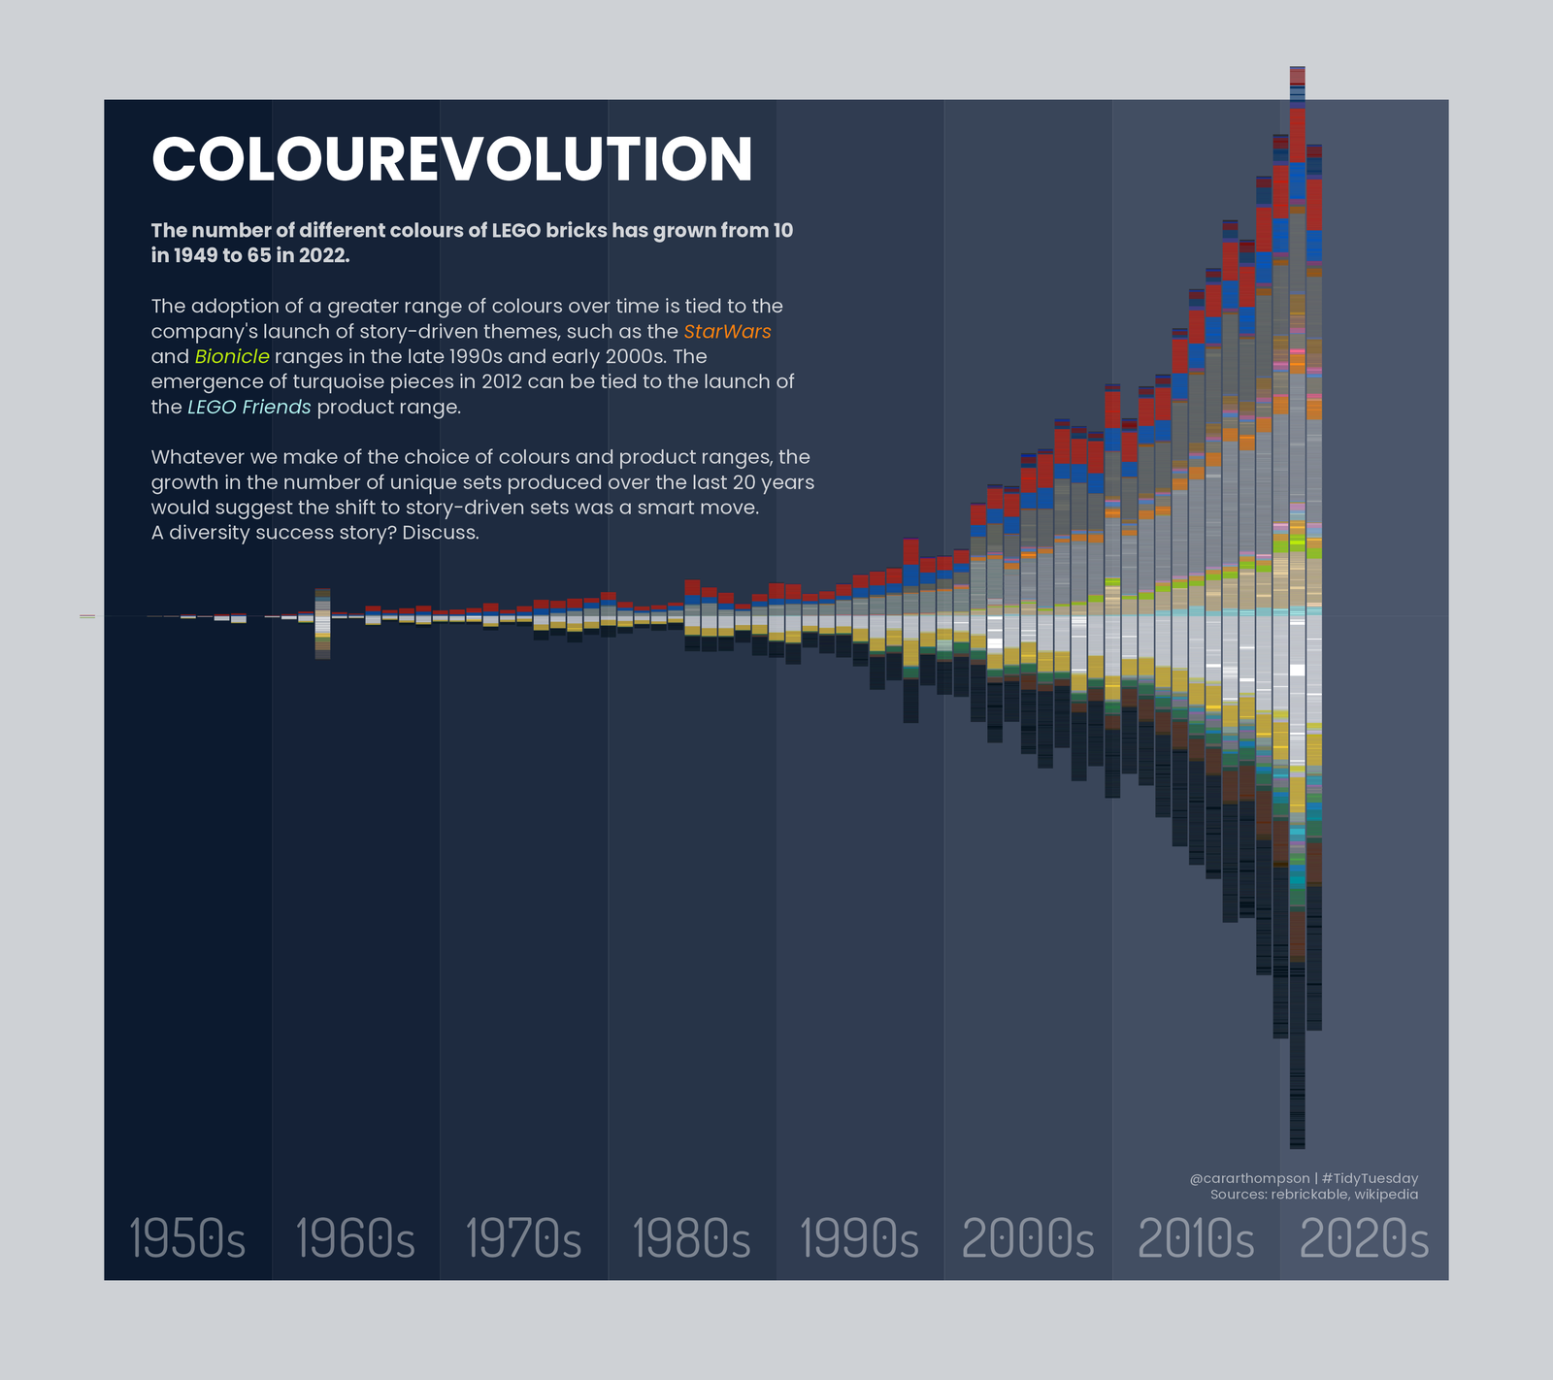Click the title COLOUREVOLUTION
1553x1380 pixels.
(x=452, y=159)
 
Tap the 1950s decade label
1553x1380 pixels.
(x=187, y=1239)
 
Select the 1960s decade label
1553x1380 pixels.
(x=355, y=1239)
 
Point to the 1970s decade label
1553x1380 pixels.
(x=524, y=1239)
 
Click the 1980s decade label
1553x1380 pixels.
(x=691, y=1239)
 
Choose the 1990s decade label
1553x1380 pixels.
(x=859, y=1239)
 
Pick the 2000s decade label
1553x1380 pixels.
(x=1028, y=1239)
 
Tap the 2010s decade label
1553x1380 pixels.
(x=1196, y=1239)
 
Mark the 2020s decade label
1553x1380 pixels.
(x=1364, y=1239)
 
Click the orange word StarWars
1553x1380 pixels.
(x=727, y=332)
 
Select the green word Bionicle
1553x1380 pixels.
(x=232, y=357)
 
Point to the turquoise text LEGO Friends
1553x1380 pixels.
(x=249, y=408)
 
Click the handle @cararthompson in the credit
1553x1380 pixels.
(x=1249, y=1178)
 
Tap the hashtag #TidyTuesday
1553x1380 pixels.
(x=1370, y=1178)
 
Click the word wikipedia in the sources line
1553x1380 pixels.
(x=1386, y=1195)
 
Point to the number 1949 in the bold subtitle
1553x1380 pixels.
(x=198, y=255)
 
